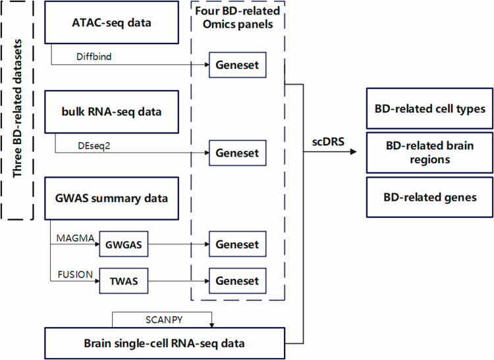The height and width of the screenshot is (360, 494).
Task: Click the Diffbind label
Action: (76, 57)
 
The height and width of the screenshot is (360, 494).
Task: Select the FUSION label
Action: (75, 274)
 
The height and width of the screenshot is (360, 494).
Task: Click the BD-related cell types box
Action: (429, 108)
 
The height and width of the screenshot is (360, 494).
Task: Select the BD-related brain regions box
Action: (429, 153)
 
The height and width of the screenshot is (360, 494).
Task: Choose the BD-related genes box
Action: (429, 197)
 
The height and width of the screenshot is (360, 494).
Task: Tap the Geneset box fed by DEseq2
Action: (237, 155)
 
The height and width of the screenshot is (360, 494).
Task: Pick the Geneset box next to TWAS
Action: (237, 281)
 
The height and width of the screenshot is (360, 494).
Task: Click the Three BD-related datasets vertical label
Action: (18, 110)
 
